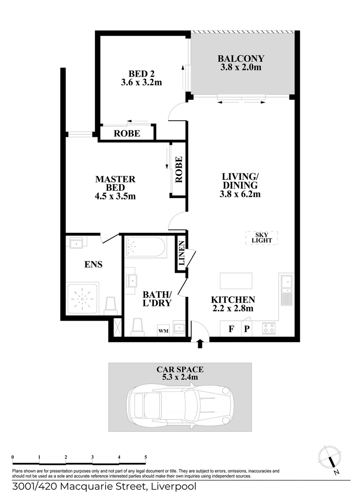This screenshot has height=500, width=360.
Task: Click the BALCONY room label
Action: [x=241, y=59]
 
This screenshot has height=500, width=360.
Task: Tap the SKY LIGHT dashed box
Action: [x=262, y=238]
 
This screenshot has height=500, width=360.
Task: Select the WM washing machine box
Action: [x=164, y=331]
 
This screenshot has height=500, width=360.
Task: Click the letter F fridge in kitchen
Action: [x=232, y=329]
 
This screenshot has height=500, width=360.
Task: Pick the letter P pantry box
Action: [x=247, y=329]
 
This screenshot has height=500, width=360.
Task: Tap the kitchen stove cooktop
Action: [x=269, y=328]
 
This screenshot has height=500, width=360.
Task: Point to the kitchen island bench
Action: [x=236, y=281]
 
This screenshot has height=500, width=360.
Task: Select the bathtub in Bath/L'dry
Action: [x=145, y=247]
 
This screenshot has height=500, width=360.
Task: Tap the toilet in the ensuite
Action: [x=111, y=306]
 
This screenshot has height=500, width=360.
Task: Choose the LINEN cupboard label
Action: [x=181, y=253]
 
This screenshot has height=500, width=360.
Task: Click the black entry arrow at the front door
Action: [x=200, y=343]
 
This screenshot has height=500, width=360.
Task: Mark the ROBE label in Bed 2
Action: [x=127, y=133]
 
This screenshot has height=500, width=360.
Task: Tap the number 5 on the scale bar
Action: [x=146, y=457]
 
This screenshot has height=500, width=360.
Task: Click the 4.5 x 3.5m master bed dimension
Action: [x=115, y=197]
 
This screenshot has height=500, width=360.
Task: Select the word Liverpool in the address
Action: [x=174, y=487]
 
